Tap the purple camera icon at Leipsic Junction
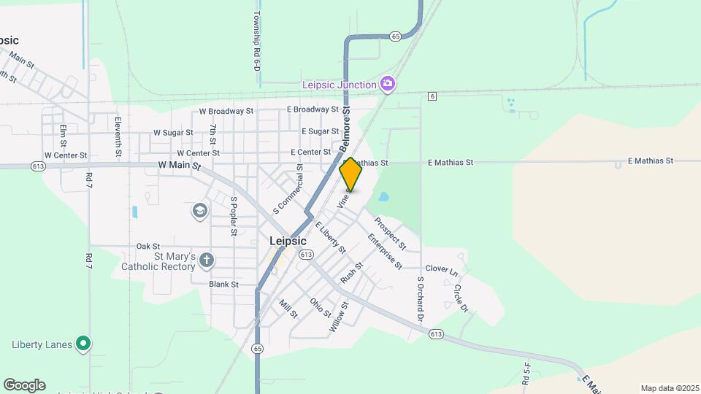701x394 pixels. (388, 84)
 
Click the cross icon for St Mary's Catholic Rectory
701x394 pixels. (207, 259)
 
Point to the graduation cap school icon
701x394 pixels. (199, 212)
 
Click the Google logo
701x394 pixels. (24, 385)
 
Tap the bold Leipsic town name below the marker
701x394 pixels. (288, 241)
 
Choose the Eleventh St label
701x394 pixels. (118, 136)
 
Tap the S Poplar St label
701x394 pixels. (234, 216)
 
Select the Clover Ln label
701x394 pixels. (441, 269)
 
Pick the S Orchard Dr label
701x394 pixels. (420, 299)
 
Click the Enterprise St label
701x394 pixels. (385, 250)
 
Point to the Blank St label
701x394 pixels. (223, 284)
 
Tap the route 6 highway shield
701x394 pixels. (432, 96)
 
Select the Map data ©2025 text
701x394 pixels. (668, 388)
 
